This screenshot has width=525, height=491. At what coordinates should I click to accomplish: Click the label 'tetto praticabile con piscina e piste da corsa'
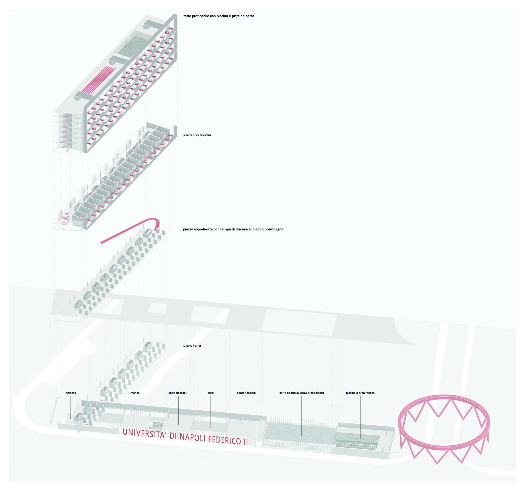(219, 16)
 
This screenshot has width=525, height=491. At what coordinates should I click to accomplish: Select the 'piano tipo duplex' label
(197, 135)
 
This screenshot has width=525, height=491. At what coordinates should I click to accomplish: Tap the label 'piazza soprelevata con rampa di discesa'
(233, 229)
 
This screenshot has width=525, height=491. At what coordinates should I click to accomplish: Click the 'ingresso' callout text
(70, 393)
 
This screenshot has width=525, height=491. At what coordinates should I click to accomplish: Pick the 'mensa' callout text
(135, 393)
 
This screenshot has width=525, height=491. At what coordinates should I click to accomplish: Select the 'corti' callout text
(210, 393)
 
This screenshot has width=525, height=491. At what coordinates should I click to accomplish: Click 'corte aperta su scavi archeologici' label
(302, 393)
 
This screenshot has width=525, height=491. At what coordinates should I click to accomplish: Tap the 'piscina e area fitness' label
(360, 393)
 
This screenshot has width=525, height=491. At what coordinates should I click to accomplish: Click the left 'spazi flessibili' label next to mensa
(178, 393)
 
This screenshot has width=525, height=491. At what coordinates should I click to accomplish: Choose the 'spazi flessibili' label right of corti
(246, 393)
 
